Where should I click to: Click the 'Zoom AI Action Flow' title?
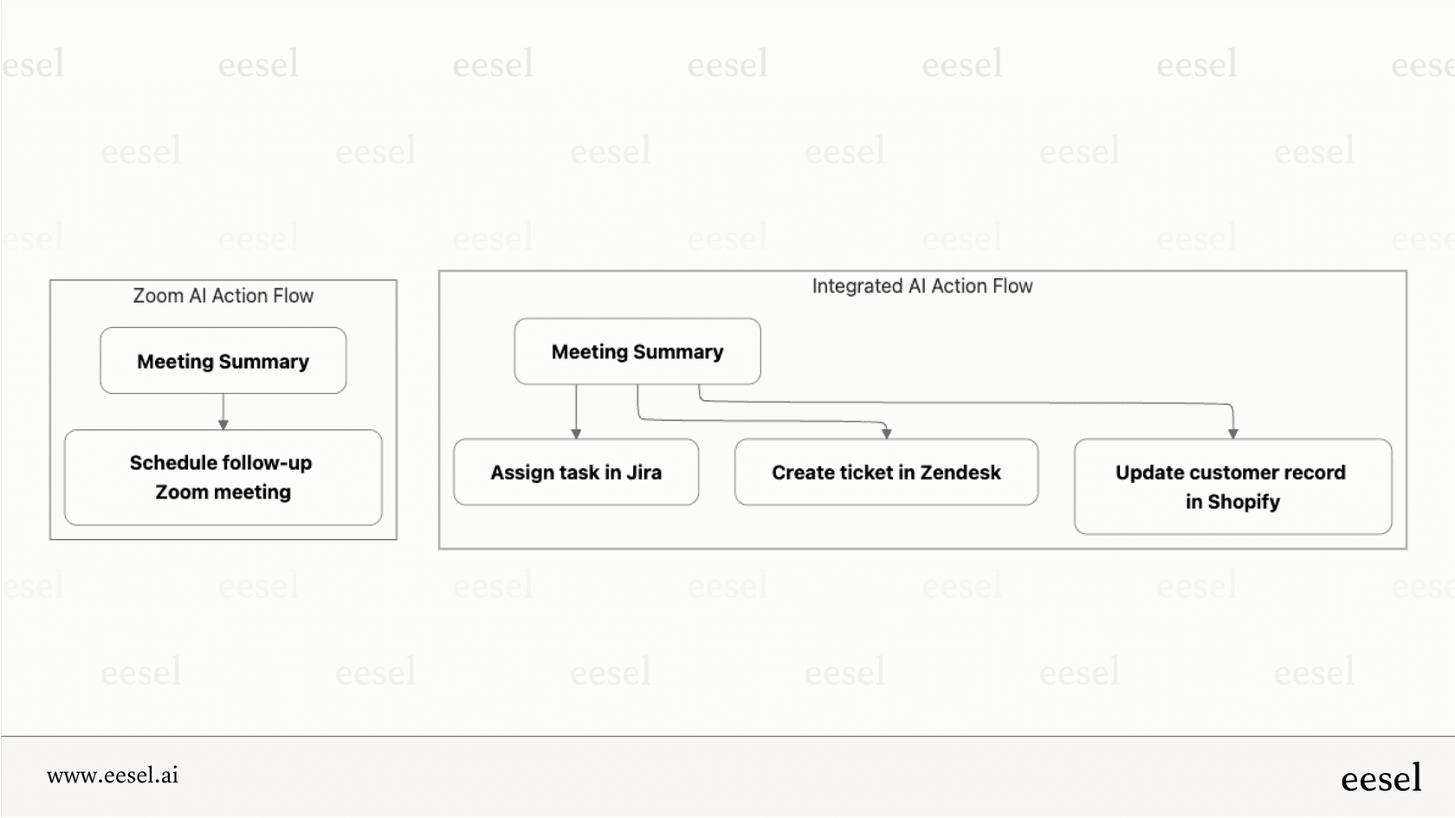click(x=223, y=296)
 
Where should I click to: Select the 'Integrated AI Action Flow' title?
click(x=921, y=287)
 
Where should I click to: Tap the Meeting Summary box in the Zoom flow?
click(x=223, y=361)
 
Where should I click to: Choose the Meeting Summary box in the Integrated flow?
click(x=637, y=351)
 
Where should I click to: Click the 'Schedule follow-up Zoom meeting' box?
click(x=223, y=477)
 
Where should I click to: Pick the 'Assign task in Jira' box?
click(x=576, y=473)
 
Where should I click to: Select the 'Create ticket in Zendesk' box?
click(x=886, y=473)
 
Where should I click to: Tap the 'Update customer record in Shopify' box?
click(x=1232, y=486)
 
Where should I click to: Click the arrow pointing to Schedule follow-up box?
click(x=223, y=423)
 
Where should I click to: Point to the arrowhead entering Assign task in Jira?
click(x=576, y=433)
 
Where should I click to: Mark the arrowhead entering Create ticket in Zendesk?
click(x=886, y=433)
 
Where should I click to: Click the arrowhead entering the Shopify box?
click(x=1232, y=433)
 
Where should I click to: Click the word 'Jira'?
click(x=643, y=473)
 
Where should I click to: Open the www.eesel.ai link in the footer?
click(x=113, y=776)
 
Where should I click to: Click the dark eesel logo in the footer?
click(x=1381, y=778)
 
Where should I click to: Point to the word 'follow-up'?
click(x=264, y=463)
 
